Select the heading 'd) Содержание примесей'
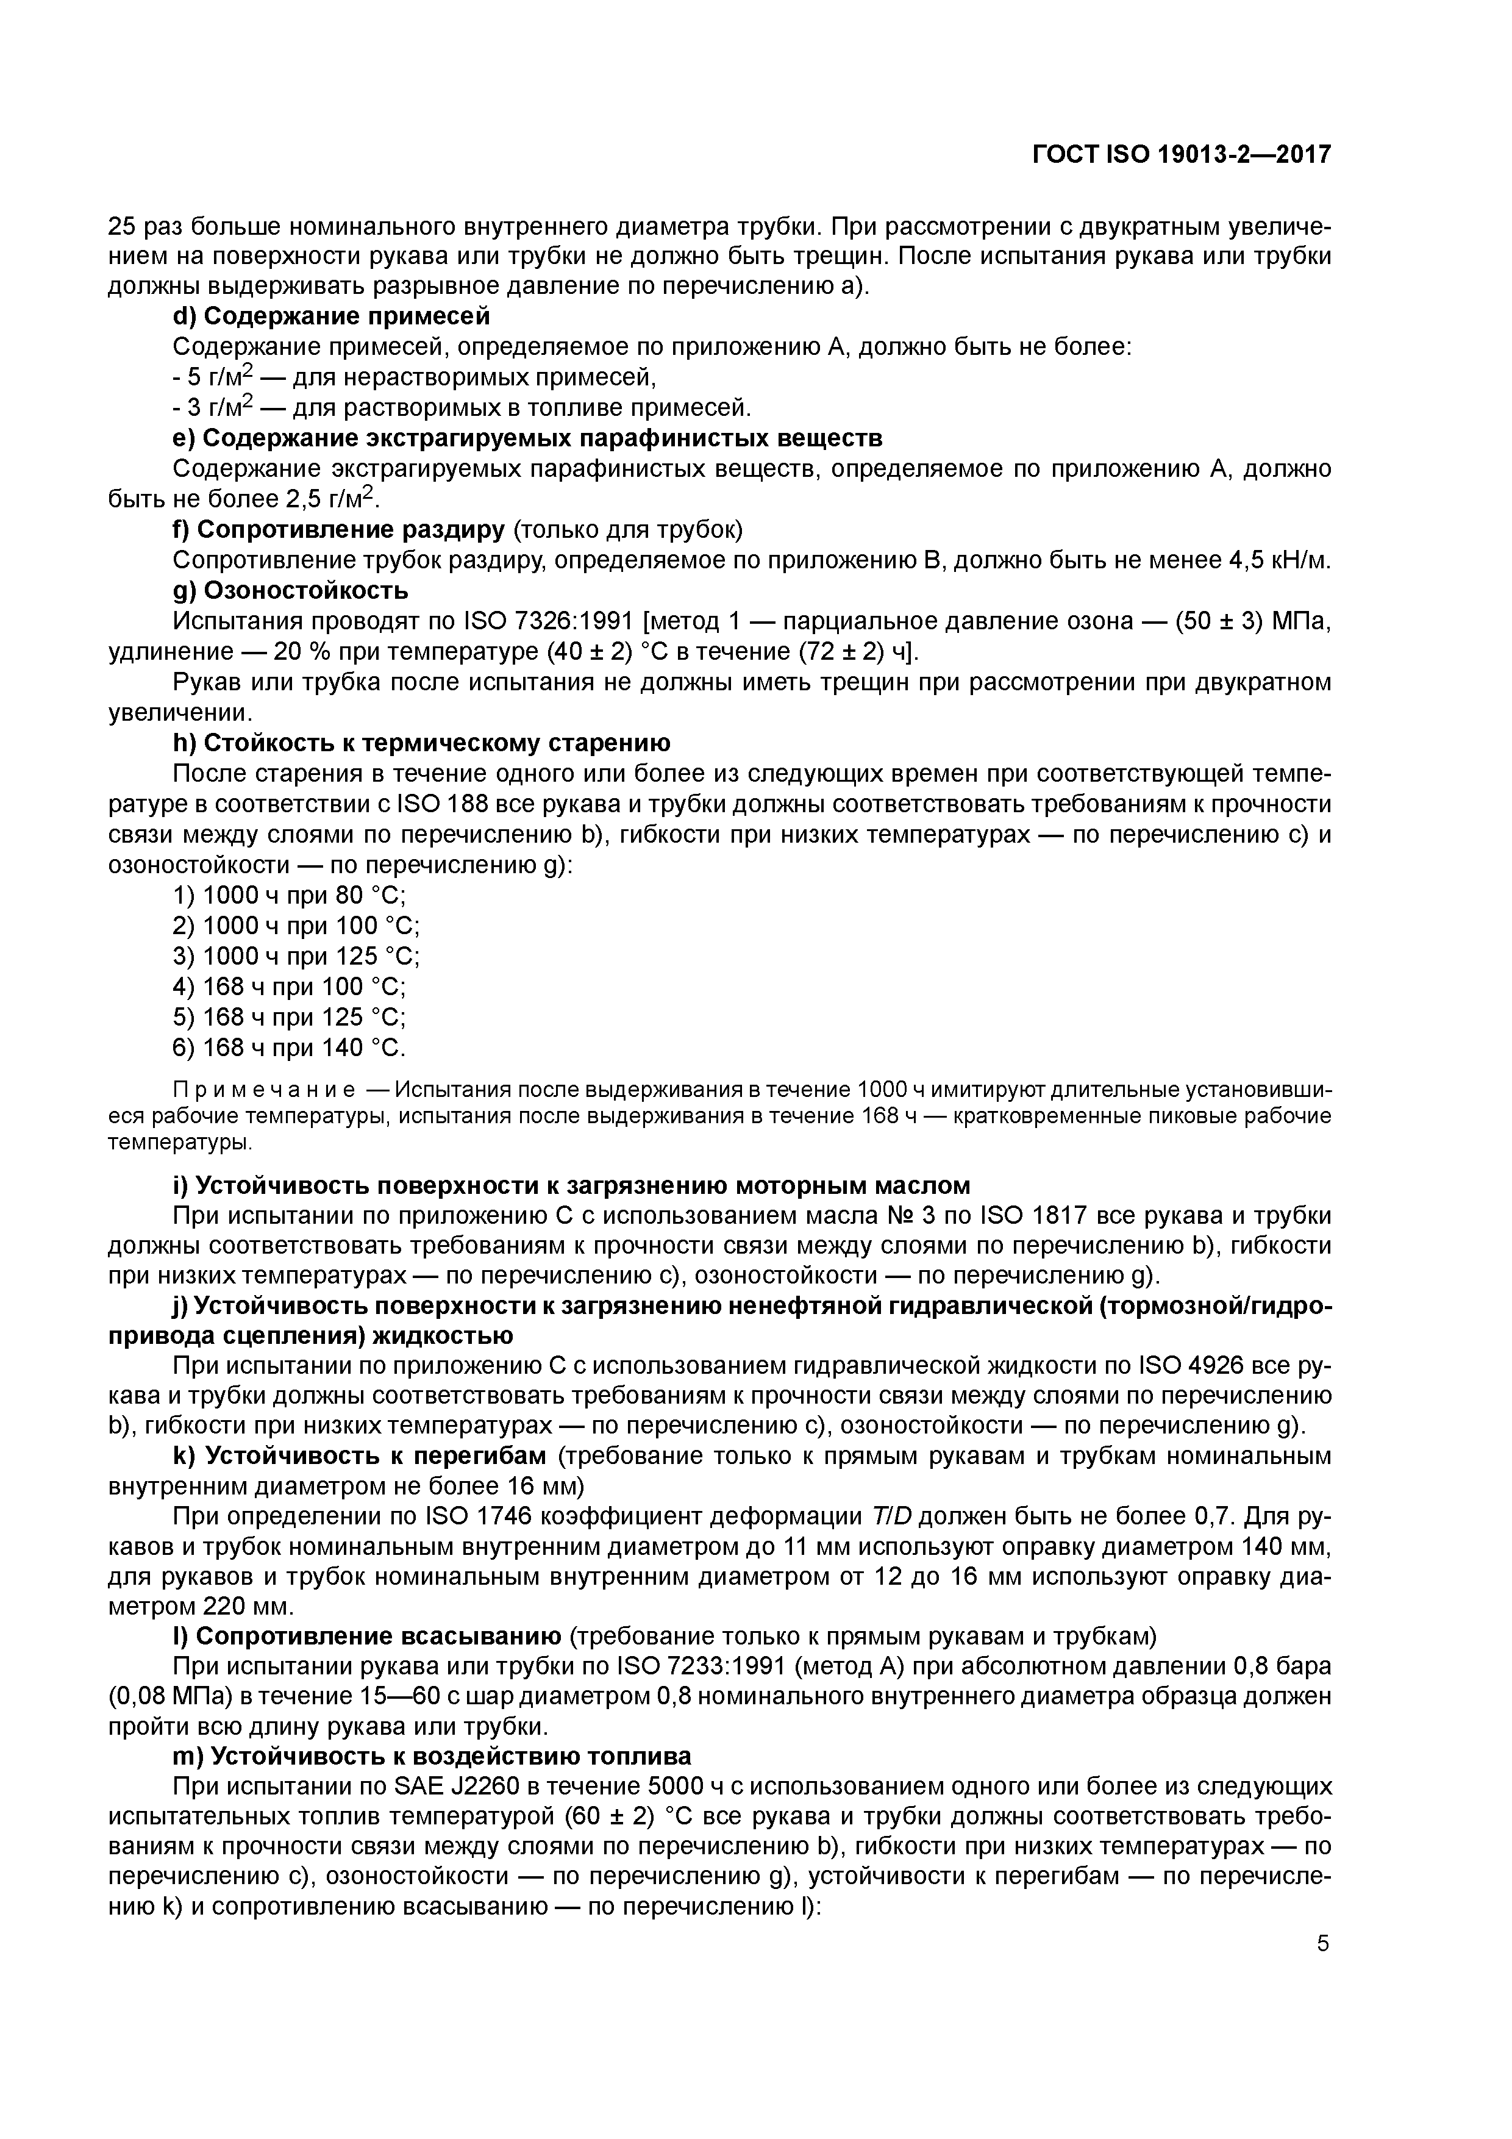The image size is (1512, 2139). tap(332, 316)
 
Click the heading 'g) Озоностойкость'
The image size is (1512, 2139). tap(291, 591)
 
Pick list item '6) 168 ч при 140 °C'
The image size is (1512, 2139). tap(290, 1048)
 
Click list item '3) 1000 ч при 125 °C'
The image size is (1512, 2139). tap(296, 957)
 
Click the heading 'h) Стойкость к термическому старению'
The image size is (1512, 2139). tap(421, 743)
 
